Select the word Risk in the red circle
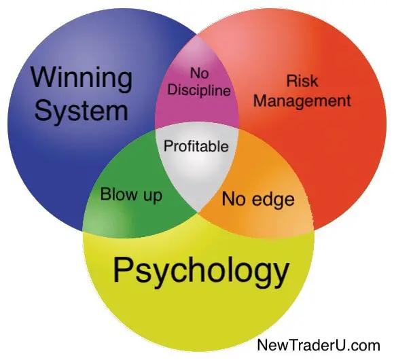click(302, 81)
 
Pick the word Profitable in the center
click(196, 146)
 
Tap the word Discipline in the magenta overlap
click(199, 90)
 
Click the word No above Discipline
click(199, 73)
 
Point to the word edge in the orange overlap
click(273, 200)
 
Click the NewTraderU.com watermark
click(319, 345)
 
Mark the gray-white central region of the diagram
click(196, 163)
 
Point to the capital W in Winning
click(46, 77)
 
